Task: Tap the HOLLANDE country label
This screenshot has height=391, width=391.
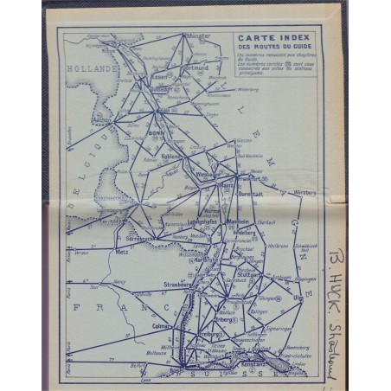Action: click(x=95, y=67)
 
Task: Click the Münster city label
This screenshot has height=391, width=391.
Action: click(x=199, y=36)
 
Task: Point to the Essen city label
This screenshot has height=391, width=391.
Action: click(x=159, y=77)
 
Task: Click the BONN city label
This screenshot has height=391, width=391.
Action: click(x=157, y=135)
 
